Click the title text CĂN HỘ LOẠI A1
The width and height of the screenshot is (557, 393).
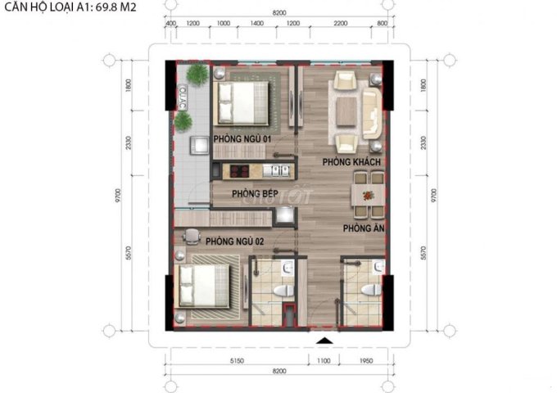tap(69, 8)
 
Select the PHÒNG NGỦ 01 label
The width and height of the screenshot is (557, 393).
tap(242, 139)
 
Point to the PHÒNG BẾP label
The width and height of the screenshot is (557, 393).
tap(251, 193)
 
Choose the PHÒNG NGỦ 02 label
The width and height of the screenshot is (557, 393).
tap(234, 242)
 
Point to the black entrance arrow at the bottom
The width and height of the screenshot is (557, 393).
tap(325, 339)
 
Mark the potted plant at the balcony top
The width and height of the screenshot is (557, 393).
tap(197, 75)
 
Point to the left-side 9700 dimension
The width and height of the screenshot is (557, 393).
tap(118, 196)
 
